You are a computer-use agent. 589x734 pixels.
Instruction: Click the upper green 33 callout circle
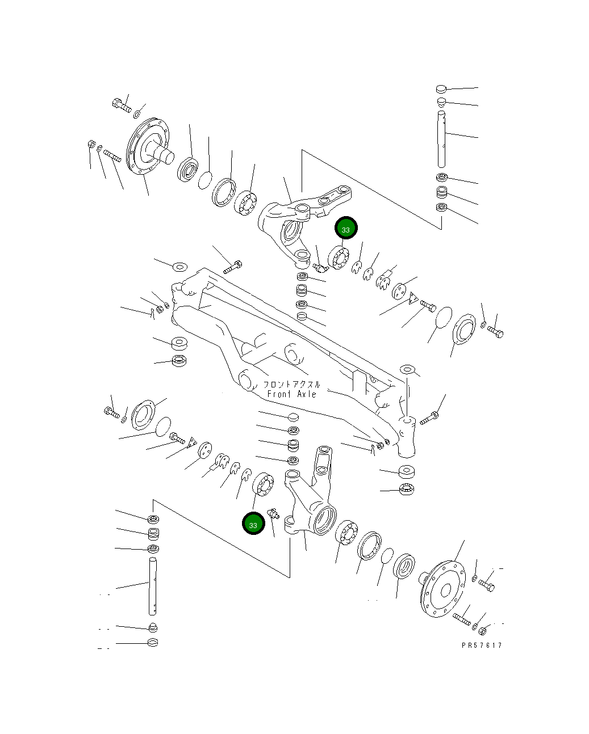point(346,228)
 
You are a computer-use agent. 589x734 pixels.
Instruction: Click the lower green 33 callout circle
point(253,524)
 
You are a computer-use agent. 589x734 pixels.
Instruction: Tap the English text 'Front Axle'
point(291,394)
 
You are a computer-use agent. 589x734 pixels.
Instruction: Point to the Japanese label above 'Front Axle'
point(291,383)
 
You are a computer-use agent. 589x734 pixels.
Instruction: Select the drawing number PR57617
point(482,645)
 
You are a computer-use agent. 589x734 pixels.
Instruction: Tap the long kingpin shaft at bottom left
point(152,585)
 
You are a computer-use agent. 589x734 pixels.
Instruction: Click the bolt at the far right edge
point(495,331)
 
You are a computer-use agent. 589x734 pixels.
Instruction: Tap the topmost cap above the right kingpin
point(442,88)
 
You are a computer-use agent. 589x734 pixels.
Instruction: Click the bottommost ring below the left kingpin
point(152,643)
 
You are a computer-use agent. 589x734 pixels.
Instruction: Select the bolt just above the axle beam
point(233,267)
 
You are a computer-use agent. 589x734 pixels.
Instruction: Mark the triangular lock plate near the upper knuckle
point(414,298)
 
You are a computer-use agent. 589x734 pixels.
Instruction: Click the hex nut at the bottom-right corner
point(482,630)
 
